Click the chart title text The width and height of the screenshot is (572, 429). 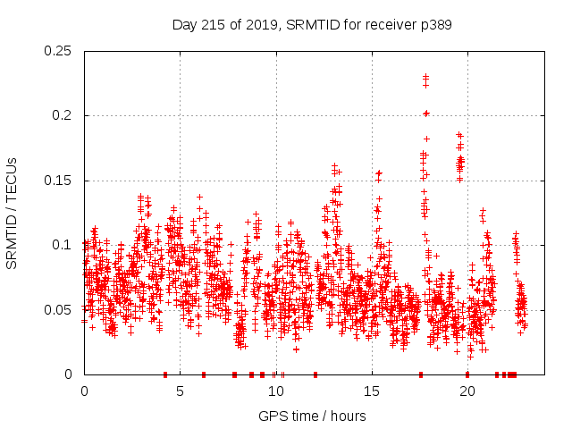tap(312, 25)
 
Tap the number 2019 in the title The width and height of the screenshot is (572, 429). tap(259, 25)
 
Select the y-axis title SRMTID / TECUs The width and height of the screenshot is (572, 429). tap(13, 213)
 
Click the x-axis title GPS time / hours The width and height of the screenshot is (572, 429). tap(312, 416)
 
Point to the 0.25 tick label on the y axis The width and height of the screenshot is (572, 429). tap(58, 51)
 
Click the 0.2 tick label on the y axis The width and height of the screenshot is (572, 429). tap(63, 116)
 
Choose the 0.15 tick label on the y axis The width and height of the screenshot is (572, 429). tap(58, 181)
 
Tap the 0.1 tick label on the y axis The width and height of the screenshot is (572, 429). tap(63, 245)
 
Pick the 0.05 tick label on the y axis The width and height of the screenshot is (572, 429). tap(58, 310)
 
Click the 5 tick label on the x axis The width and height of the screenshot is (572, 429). tap(180, 391)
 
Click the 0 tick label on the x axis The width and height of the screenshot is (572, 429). tap(84, 391)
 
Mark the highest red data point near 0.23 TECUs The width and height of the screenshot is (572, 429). tap(425, 76)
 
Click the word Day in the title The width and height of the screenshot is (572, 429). tap(184, 25)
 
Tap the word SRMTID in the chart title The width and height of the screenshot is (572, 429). tap(309, 25)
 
